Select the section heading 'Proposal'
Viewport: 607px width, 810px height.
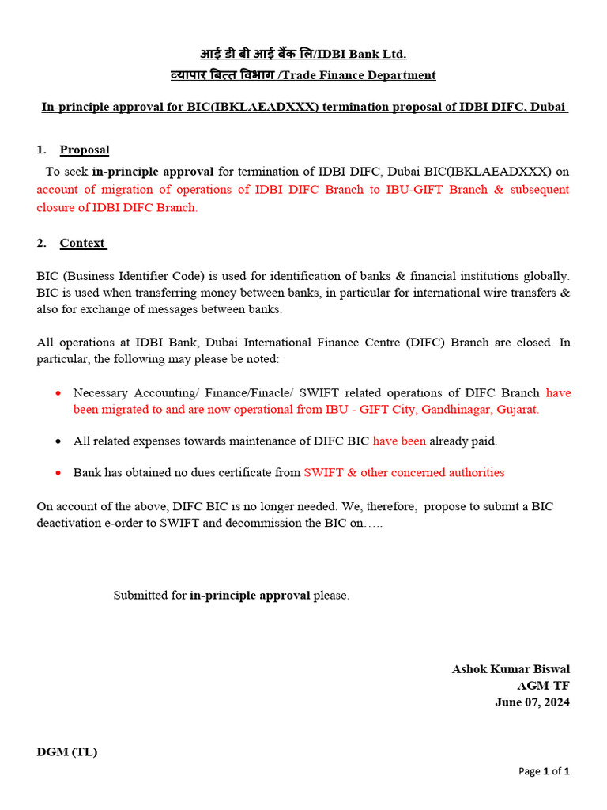[x=85, y=150]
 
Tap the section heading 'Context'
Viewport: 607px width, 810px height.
[x=82, y=243]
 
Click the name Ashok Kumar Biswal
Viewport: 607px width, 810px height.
[x=511, y=669]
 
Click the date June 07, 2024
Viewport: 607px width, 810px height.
[x=532, y=702]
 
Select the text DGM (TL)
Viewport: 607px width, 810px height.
[x=67, y=752]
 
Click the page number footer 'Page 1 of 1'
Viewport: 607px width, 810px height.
[x=544, y=771]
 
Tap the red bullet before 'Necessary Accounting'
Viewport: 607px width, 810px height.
[x=58, y=393]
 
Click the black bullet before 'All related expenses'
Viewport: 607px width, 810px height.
[x=58, y=441]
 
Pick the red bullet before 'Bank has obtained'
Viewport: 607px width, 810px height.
[x=58, y=473]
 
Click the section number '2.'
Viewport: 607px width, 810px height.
[x=41, y=243]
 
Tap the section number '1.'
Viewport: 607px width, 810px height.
[x=41, y=150]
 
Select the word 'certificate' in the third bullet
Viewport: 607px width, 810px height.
[x=235, y=473]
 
